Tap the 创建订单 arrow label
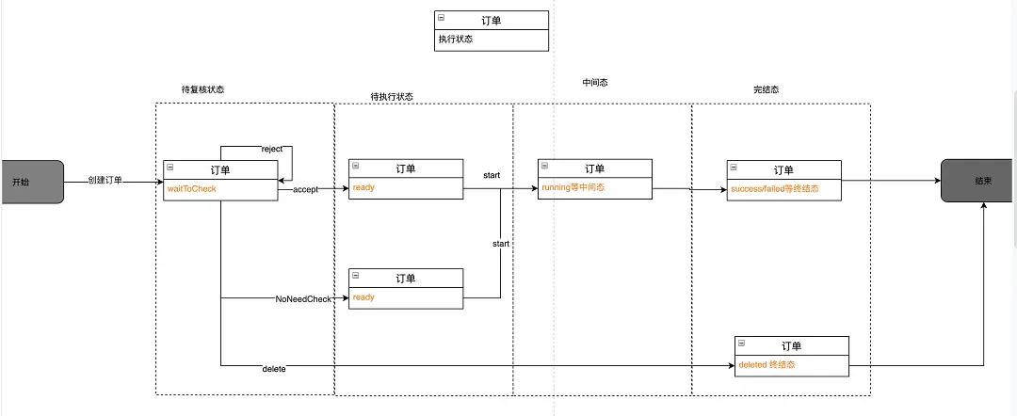click(x=105, y=180)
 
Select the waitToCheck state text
click(x=191, y=189)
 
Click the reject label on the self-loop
click(x=272, y=150)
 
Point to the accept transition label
click(x=305, y=189)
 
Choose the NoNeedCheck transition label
click(x=303, y=298)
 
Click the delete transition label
click(x=274, y=368)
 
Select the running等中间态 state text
click(x=573, y=188)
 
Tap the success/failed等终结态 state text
click(x=774, y=189)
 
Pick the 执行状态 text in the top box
click(x=455, y=40)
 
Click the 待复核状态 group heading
click(x=202, y=89)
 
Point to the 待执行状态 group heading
click(x=392, y=96)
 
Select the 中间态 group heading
click(x=595, y=83)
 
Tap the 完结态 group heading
click(x=766, y=89)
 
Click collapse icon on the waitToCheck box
click(x=169, y=167)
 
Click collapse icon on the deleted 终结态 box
click(x=742, y=343)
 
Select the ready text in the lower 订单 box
click(x=363, y=297)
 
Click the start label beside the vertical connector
click(x=501, y=244)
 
